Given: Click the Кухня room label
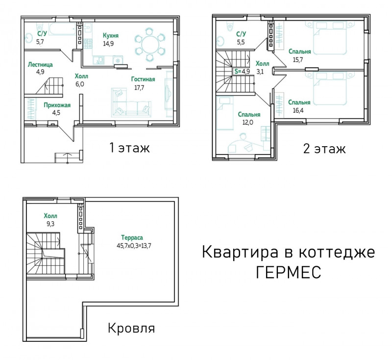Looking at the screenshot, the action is pos(111,35).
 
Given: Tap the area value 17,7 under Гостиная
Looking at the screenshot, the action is pos(139,88).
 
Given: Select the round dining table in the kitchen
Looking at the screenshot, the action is pos(149,45).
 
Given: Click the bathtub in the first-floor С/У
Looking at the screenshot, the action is pos(62,29).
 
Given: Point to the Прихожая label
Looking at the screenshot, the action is pos(57,105).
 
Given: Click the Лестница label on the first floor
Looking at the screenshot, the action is pos(40,65).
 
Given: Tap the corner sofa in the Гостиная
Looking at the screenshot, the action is pos(131,103).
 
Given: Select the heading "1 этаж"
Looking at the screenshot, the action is pos(130,148).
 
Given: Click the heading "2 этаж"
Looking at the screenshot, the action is pos(324,149).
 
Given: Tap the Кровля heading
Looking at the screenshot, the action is pos(131,328).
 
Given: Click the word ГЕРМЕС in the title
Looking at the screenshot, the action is pos(289,272).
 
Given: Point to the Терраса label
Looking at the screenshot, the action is pos(132,237).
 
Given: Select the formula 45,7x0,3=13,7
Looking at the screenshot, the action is pos(134,246).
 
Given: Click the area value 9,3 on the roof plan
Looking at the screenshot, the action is pos(50,224).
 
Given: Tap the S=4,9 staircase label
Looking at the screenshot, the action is pos(242,71).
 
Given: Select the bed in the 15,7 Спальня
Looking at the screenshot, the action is pos(329,38).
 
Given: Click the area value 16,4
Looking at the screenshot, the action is pos(298,110).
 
